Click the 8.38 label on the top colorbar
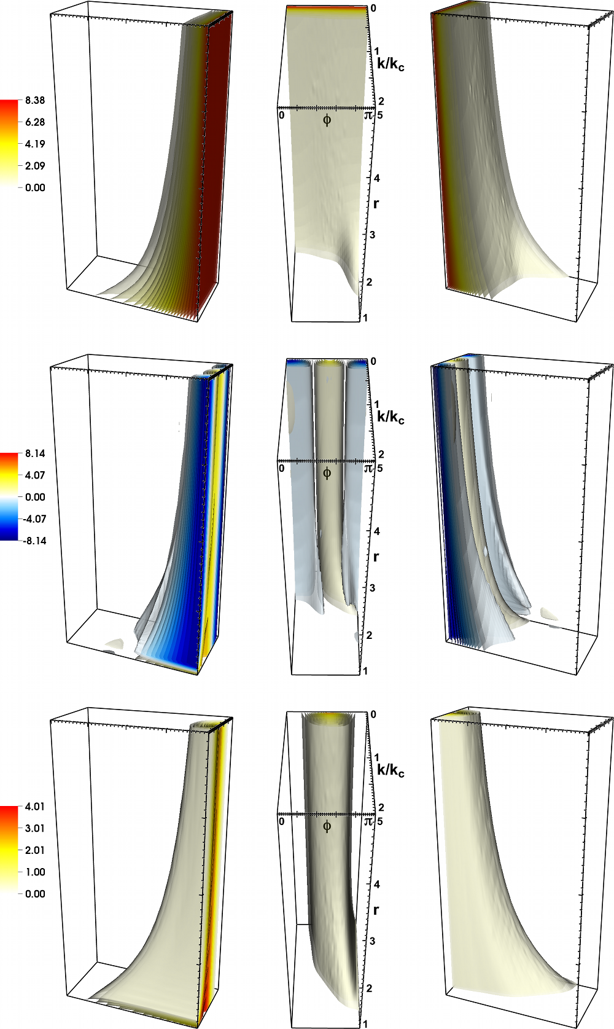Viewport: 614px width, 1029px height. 35,100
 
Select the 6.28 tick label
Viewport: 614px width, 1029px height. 35,122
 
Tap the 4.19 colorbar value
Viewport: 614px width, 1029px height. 35,144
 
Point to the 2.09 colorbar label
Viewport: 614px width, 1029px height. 35,166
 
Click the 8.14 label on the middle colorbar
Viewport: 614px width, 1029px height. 35,453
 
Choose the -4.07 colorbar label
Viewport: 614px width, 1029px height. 34,519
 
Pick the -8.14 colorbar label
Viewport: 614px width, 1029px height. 34,541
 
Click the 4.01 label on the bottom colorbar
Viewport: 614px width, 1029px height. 35,807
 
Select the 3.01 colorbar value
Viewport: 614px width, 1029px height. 35,828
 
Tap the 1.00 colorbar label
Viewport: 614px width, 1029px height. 35,872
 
